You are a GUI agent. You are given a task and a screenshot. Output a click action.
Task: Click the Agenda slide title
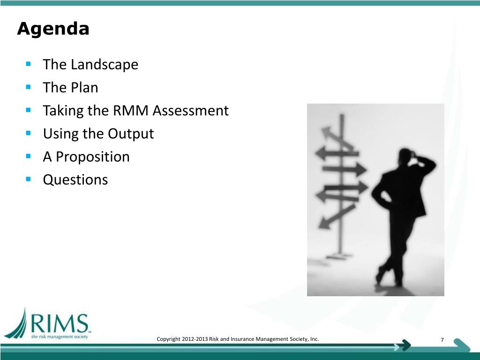pos(53,29)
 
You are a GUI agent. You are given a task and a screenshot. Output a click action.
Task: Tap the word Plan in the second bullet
pos(85,87)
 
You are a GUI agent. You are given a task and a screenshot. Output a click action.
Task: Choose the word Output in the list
pos(131,134)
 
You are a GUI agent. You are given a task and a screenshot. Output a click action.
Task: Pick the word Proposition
pos(93,157)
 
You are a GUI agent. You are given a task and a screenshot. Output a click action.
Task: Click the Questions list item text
pos(75,180)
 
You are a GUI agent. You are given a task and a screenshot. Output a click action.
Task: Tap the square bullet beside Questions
pos(29,179)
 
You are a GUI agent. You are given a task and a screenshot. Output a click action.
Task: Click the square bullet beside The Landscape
pos(29,63)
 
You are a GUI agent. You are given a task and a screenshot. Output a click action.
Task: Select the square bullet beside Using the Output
pos(29,133)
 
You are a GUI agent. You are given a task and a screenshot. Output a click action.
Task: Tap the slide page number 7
pos(442,340)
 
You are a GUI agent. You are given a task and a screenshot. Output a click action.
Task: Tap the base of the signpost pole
pos(339,256)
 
